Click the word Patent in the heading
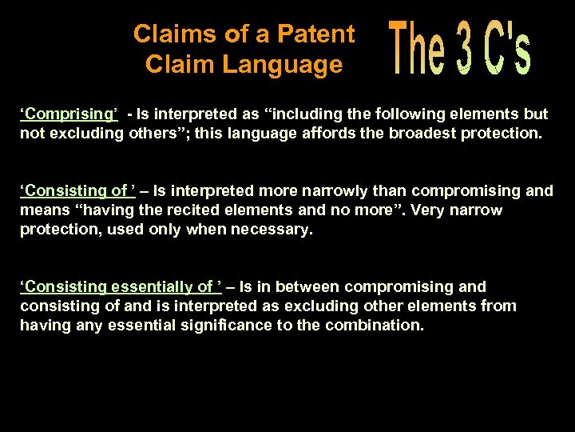point(318,34)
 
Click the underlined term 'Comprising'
point(69,114)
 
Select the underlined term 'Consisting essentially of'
point(121,286)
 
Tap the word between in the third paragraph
point(299,286)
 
